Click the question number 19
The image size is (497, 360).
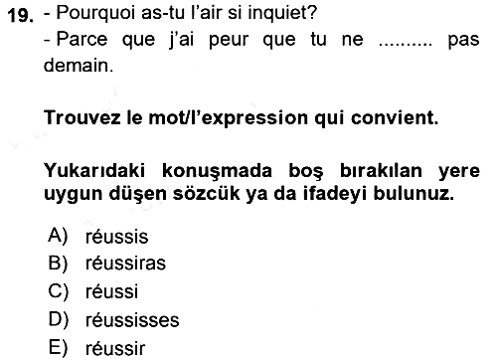point(20,15)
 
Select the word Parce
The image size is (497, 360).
point(82,39)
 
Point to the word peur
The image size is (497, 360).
point(229,41)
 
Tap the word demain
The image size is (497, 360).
point(79,66)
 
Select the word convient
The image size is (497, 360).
point(395,117)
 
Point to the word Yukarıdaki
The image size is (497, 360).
point(94,171)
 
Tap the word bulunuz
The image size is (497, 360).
point(414,194)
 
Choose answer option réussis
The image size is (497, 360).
point(116,237)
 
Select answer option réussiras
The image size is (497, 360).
point(125,264)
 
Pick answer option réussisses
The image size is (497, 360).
point(132,320)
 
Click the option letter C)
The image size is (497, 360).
point(59,291)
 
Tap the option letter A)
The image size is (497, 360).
point(58,236)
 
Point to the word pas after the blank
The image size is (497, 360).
point(463,41)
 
